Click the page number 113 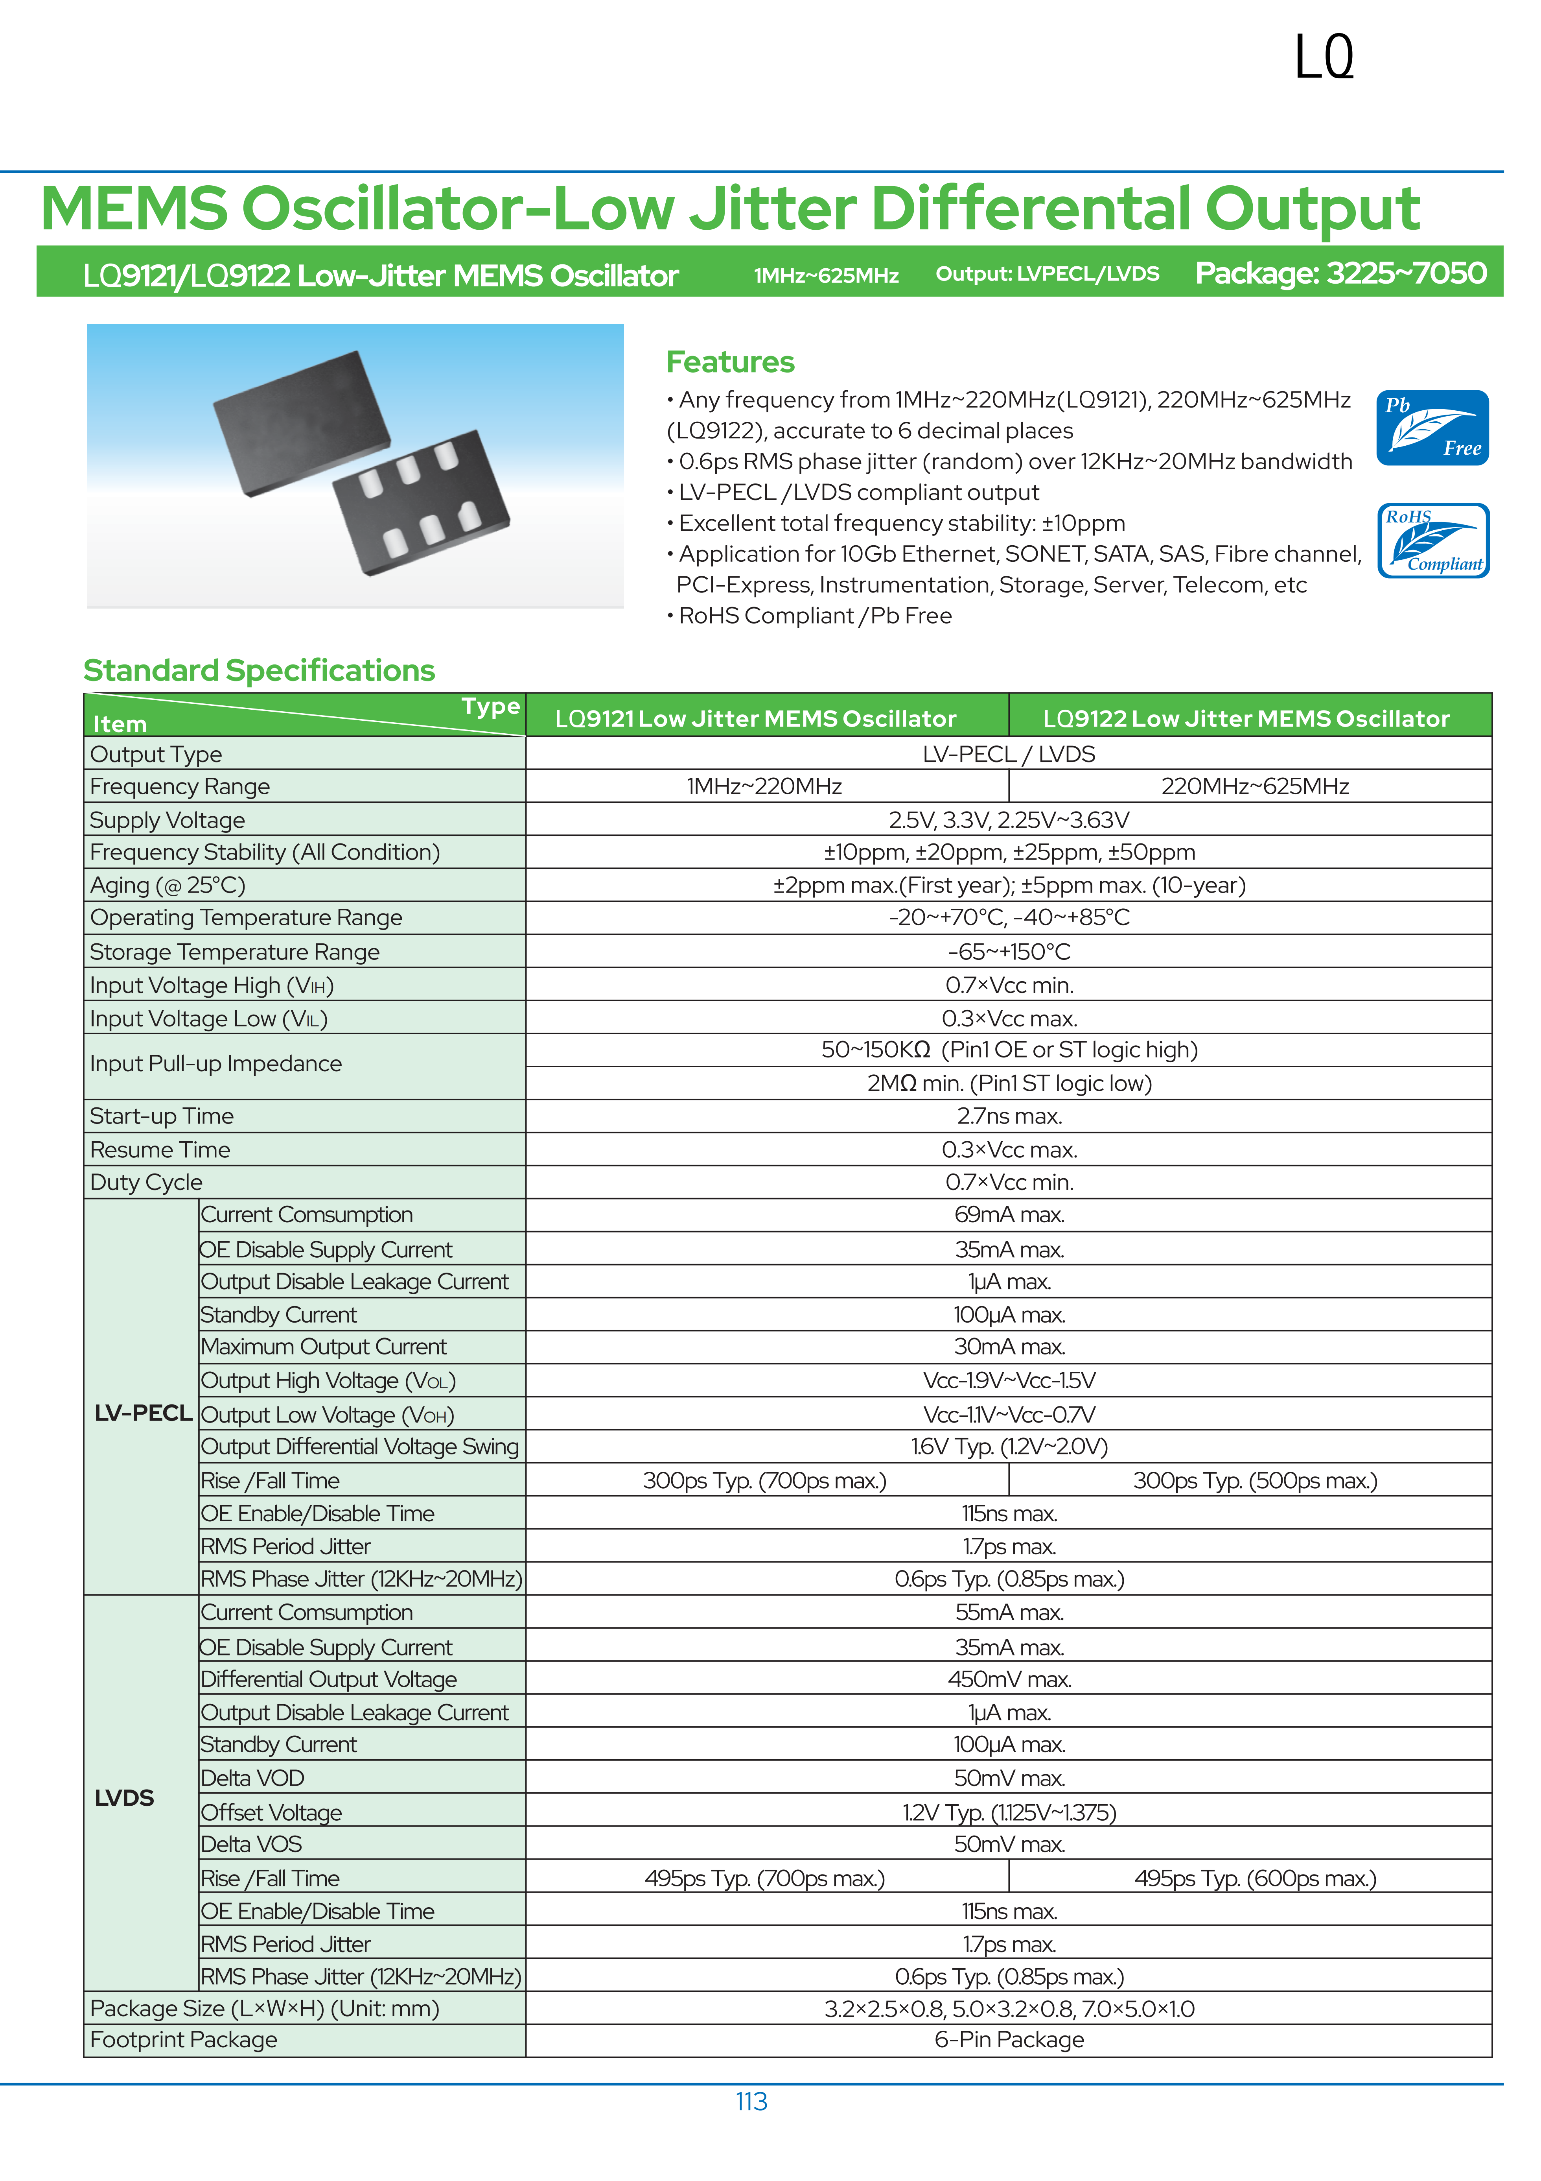[751, 2101]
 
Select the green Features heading [730, 362]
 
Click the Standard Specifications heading [259, 671]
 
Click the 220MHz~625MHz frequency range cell [1254, 786]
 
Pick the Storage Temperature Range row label [234, 952]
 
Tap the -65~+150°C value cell [1008, 952]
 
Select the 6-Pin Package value [1008, 2039]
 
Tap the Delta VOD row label [252, 1778]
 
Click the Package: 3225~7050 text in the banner [1340, 273]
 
